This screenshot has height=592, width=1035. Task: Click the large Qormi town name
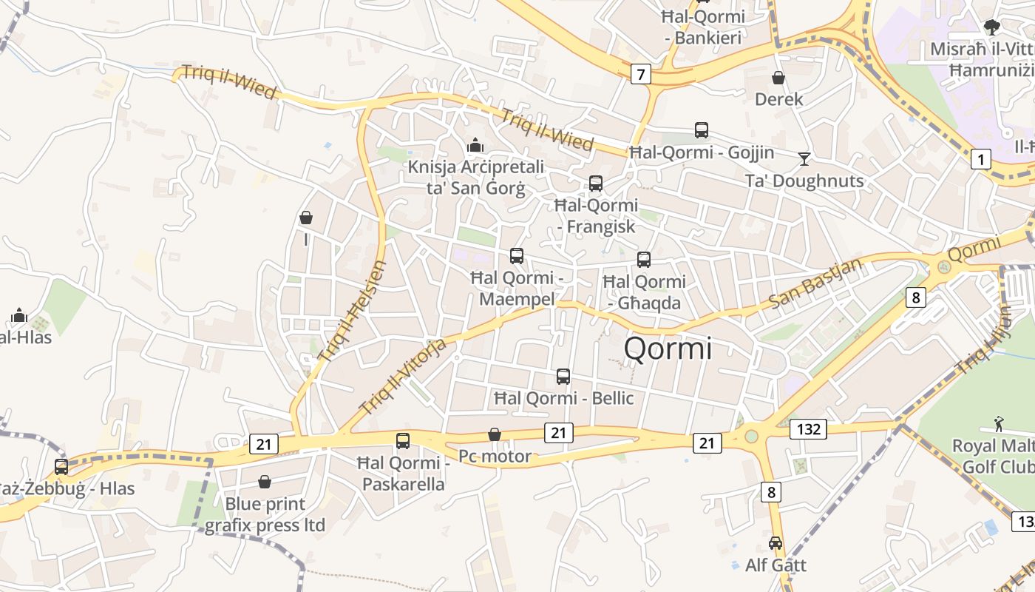668,349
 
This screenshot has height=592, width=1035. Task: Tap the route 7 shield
640,74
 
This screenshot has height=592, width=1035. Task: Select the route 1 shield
980,159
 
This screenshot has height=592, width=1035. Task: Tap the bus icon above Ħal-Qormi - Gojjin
702,130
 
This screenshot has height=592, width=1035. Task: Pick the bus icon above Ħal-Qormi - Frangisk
596,184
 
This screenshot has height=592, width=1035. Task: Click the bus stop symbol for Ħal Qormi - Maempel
517,256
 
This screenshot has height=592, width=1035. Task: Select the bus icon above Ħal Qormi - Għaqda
644,260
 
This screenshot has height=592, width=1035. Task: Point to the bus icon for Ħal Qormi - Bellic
563,377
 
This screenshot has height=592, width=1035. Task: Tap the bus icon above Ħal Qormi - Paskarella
403,441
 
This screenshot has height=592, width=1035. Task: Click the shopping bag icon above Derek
778,77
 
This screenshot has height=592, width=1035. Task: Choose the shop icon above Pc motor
495,434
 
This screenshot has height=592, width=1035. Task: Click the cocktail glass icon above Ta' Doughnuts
804,158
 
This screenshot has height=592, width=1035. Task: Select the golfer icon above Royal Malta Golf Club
1000,424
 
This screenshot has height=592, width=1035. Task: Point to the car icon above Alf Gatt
776,543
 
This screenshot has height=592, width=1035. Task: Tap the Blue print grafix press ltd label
265,515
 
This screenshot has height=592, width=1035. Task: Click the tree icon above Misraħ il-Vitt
992,27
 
